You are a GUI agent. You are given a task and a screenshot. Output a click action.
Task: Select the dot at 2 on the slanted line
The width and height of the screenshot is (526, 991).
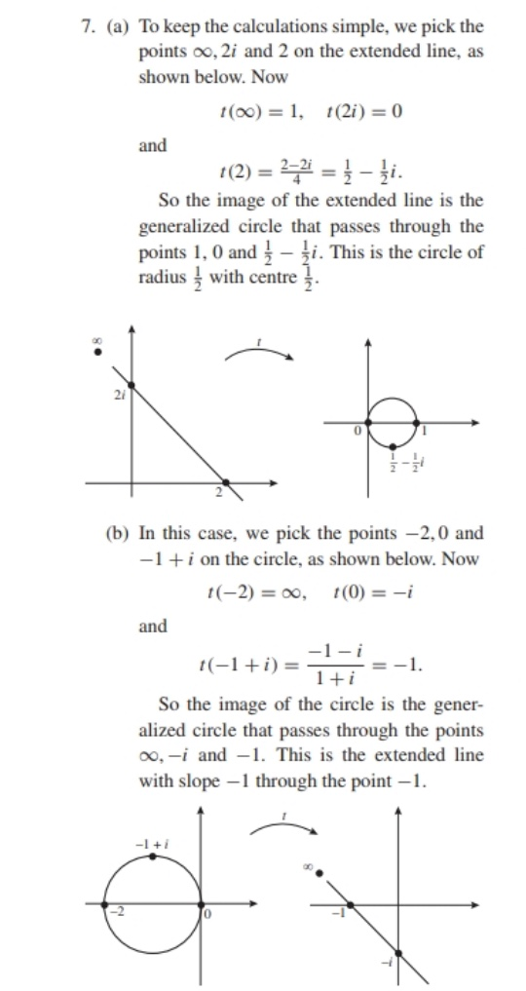[226, 482]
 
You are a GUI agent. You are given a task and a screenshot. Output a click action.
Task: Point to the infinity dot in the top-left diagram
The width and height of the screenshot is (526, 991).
[96, 352]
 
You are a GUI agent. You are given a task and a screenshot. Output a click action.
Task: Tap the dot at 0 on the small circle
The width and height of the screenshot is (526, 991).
[368, 423]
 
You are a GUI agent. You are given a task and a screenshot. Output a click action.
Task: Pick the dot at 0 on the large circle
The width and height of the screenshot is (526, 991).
[203, 905]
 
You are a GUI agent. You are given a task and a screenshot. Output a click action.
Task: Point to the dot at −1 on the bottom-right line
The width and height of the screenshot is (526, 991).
[350, 905]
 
